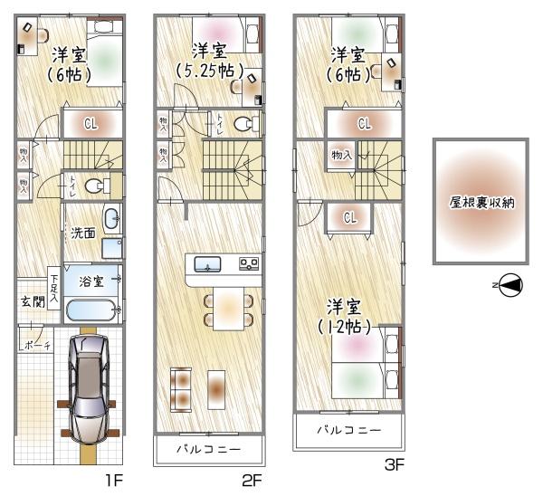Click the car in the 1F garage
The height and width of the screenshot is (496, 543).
pyautogui.click(x=90, y=388)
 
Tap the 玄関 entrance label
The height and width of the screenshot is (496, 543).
pyautogui.click(x=33, y=301)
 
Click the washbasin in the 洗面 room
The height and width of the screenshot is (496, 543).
pyautogui.click(x=111, y=218)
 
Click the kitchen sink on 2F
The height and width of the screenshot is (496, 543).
pyautogui.click(x=207, y=264)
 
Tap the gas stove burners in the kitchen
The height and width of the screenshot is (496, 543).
pyautogui.click(x=249, y=264)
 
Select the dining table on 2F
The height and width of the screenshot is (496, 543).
pyautogui.click(x=228, y=309)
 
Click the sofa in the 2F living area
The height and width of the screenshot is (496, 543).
pyautogui.click(x=181, y=390)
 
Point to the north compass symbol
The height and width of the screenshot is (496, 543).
pyautogui.click(x=510, y=285)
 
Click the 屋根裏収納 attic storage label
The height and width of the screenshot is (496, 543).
pyautogui.click(x=481, y=203)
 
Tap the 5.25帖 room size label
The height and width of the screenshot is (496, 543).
pyautogui.click(x=210, y=71)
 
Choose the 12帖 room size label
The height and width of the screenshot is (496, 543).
pyautogui.click(x=344, y=326)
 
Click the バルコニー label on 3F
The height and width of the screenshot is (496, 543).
pyautogui.click(x=348, y=430)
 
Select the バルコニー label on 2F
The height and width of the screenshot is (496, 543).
pyautogui.click(x=208, y=450)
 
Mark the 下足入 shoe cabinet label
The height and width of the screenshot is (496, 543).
pyautogui.click(x=54, y=288)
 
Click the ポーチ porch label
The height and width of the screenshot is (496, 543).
pyautogui.click(x=37, y=346)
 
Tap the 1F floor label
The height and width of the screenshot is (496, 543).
pyautogui.click(x=114, y=481)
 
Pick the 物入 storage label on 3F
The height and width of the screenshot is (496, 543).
pyautogui.click(x=341, y=155)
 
